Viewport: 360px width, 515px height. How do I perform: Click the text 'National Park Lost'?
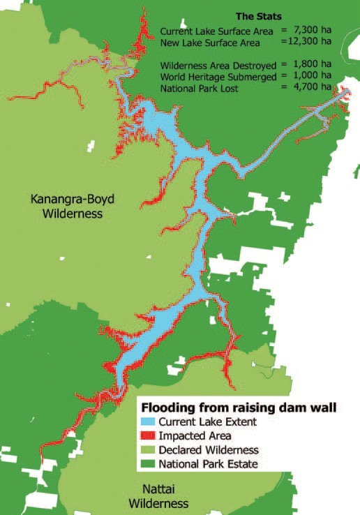point(200,88)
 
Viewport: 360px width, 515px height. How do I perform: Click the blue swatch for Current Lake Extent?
point(148,422)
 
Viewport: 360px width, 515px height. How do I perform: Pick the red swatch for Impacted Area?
point(148,436)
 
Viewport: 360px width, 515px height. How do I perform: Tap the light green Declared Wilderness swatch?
point(148,450)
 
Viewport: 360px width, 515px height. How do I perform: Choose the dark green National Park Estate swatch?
point(148,464)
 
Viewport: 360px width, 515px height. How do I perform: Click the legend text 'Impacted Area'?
point(190,436)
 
